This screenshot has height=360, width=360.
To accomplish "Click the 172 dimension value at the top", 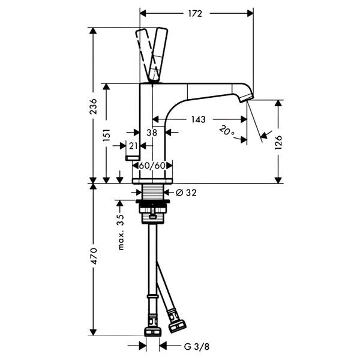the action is pyautogui.click(x=195, y=14).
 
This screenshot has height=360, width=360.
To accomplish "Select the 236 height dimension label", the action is pyautogui.click(x=93, y=106).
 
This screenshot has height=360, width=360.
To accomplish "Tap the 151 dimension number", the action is pyautogui.click(x=107, y=135).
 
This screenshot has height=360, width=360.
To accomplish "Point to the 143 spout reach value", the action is pyautogui.click(x=199, y=119).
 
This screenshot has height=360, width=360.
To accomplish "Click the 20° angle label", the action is pyautogui.click(x=227, y=131).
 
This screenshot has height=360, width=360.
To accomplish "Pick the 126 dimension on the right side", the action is pyautogui.click(x=278, y=142).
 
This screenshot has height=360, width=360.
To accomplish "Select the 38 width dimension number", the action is pyautogui.click(x=152, y=133).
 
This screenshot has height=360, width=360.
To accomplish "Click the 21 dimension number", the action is pyautogui.click(x=133, y=146).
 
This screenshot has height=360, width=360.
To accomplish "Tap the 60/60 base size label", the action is pyautogui.click(x=152, y=166).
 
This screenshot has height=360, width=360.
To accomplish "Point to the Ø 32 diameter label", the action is pyautogui.click(x=186, y=193).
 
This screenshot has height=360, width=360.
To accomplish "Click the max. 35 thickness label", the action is pyautogui.click(x=121, y=232).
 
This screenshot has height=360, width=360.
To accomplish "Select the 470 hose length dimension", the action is pyautogui.click(x=94, y=256).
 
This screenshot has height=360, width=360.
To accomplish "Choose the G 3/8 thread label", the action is pyautogui.click(x=197, y=346).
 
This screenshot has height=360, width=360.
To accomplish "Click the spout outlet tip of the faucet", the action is pyautogui.click(x=247, y=98).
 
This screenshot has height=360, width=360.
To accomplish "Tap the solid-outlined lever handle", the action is pyautogui.click(x=158, y=55).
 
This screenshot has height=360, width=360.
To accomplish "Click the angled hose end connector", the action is pyautogui.click(x=176, y=321).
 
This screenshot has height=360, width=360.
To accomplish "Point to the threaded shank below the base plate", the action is pyautogui.click(x=152, y=192).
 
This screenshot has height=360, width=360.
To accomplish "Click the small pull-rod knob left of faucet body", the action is pyautogui.click(x=133, y=158).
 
